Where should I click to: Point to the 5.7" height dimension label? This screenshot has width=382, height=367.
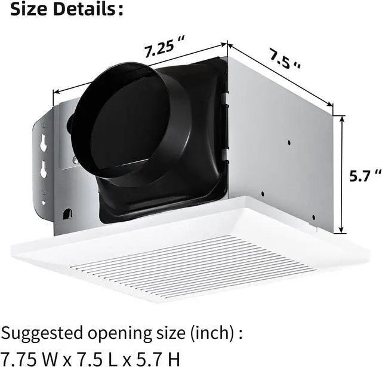point(364,175)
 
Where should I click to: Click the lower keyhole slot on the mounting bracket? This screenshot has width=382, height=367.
point(43,170)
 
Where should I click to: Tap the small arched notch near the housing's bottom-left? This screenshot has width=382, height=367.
point(66,212)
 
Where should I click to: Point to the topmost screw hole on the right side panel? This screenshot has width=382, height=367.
point(289,143)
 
